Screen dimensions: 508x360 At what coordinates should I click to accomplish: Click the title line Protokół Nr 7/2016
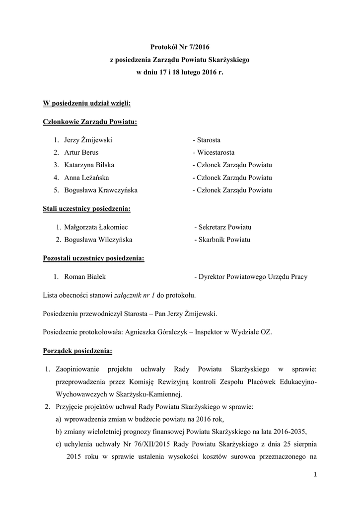pos(180,48)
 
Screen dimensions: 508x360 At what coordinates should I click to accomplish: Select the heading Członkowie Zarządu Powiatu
pos(90,122)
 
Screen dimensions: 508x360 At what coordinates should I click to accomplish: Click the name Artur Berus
pos(81,153)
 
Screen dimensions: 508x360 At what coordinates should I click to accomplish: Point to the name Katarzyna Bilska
pos(89,165)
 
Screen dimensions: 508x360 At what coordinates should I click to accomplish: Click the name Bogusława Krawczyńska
pos(101,190)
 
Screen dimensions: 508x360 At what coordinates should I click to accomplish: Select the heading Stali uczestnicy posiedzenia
pos(87,209)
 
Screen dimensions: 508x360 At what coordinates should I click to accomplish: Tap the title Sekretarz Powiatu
pos(223,227)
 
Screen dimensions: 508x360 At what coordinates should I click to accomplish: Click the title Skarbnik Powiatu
pos(222,240)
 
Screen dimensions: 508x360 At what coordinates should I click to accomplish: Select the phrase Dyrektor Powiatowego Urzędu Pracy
pos(253,277)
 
